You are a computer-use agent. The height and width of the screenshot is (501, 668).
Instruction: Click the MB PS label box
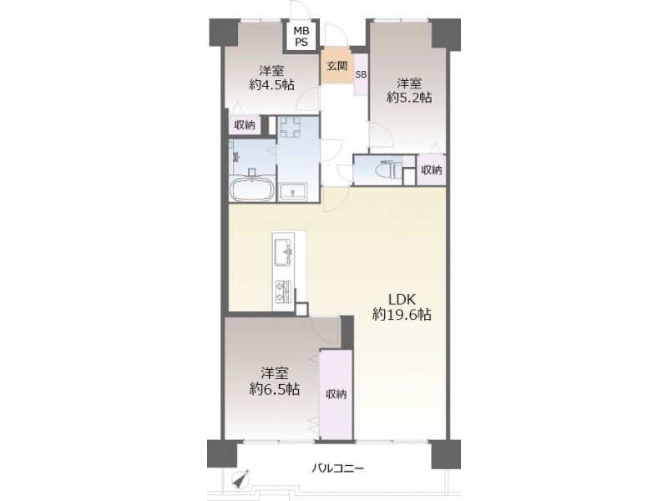302,36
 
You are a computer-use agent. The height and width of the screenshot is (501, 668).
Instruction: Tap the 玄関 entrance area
337,67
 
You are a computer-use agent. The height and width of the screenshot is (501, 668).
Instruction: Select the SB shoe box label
361,74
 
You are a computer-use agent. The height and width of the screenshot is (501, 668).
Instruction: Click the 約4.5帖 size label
272,85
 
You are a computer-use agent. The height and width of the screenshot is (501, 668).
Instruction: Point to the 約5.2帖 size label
409,98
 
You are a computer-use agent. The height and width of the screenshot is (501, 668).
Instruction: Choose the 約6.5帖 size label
275,388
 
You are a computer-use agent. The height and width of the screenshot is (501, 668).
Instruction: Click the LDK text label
402,299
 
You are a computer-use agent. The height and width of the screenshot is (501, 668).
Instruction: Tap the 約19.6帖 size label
402,315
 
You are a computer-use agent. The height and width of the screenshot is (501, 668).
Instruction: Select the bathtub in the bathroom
252,189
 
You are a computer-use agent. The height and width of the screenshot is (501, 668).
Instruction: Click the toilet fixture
388,170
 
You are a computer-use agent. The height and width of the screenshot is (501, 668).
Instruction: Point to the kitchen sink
282,252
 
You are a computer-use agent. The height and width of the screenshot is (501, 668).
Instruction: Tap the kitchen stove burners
283,291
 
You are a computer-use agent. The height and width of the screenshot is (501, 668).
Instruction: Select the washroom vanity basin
293,191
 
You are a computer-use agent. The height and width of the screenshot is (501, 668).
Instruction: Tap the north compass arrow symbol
242,479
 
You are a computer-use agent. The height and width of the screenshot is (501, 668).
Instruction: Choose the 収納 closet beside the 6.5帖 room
337,394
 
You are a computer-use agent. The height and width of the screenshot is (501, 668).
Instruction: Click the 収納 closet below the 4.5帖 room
245,124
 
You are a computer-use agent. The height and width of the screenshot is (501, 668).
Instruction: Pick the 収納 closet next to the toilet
432,170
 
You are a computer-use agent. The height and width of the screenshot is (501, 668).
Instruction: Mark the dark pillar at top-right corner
447,33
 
